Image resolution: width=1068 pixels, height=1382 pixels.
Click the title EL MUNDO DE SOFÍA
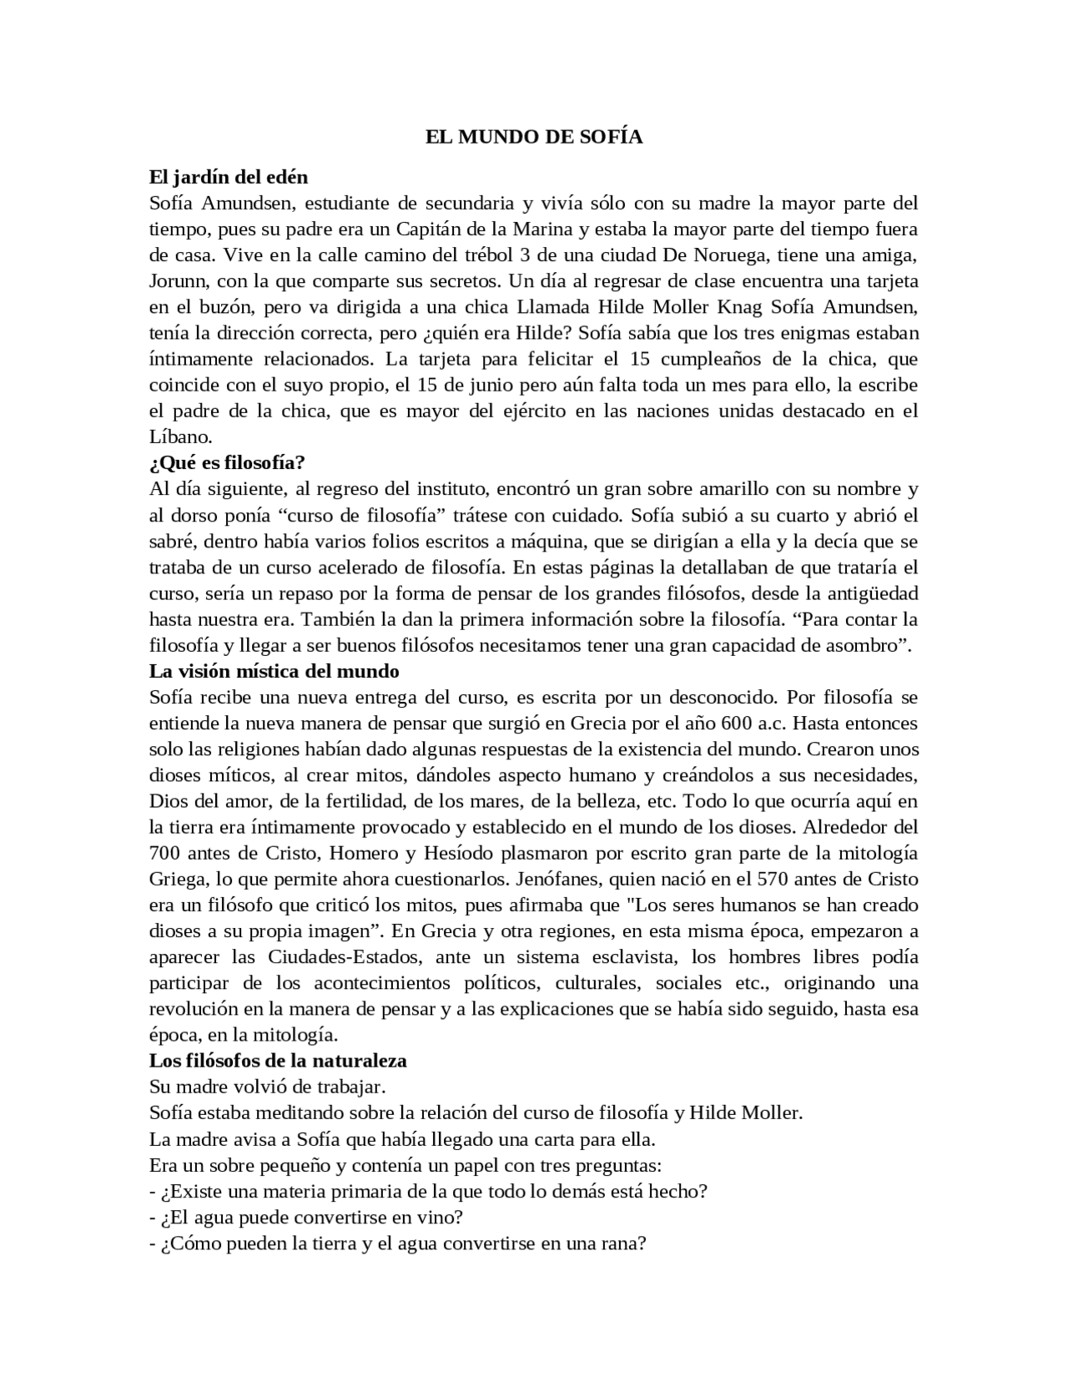click(534, 138)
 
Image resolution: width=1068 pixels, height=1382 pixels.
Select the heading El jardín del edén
click(228, 177)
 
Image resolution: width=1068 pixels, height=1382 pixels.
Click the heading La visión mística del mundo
click(274, 671)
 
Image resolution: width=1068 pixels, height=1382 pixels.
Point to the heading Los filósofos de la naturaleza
click(278, 1061)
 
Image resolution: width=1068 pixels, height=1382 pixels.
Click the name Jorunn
click(177, 281)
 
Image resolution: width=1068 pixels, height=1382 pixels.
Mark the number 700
click(165, 853)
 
